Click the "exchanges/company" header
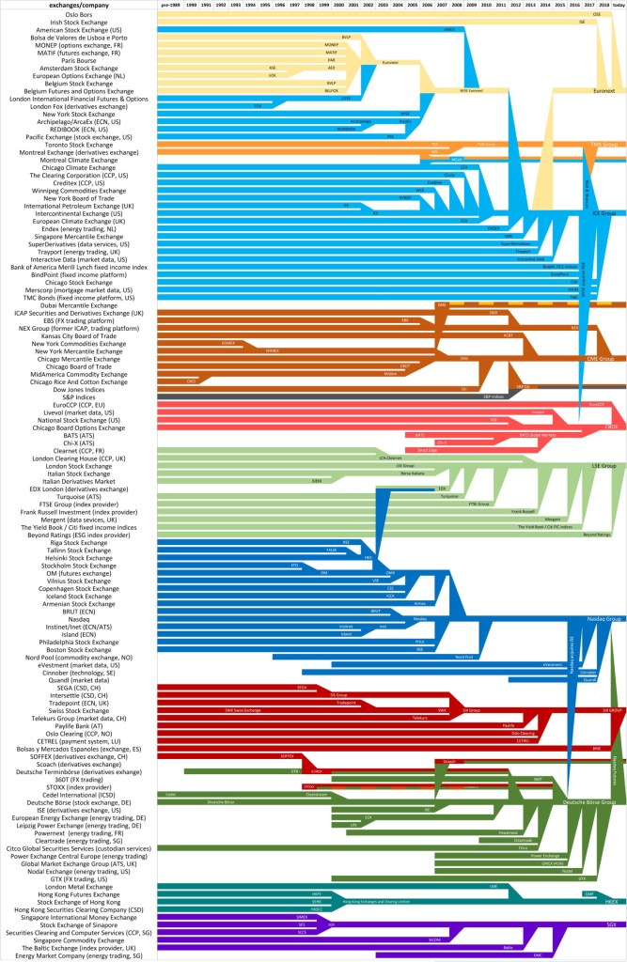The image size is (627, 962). pyautogui.click(x=78, y=6)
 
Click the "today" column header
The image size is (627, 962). pyautogui.click(x=618, y=6)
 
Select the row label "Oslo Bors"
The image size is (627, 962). pyautogui.click(x=78, y=14)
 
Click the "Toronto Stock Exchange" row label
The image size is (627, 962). pyautogui.click(x=78, y=145)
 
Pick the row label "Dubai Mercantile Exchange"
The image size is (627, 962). pyautogui.click(x=78, y=304)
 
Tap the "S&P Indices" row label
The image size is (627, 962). pyautogui.click(x=78, y=396)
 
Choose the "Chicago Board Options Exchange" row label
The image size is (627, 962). pyautogui.click(x=78, y=427)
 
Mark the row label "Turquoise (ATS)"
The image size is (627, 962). pyautogui.click(x=78, y=496)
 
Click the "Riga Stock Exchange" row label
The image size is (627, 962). pyautogui.click(x=78, y=542)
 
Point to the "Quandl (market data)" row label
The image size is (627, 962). pyautogui.click(x=78, y=679)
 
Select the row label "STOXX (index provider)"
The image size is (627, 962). pyautogui.click(x=78, y=786)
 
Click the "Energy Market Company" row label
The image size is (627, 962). pyautogui.click(x=78, y=955)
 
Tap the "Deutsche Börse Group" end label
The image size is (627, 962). pyautogui.click(x=588, y=802)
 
